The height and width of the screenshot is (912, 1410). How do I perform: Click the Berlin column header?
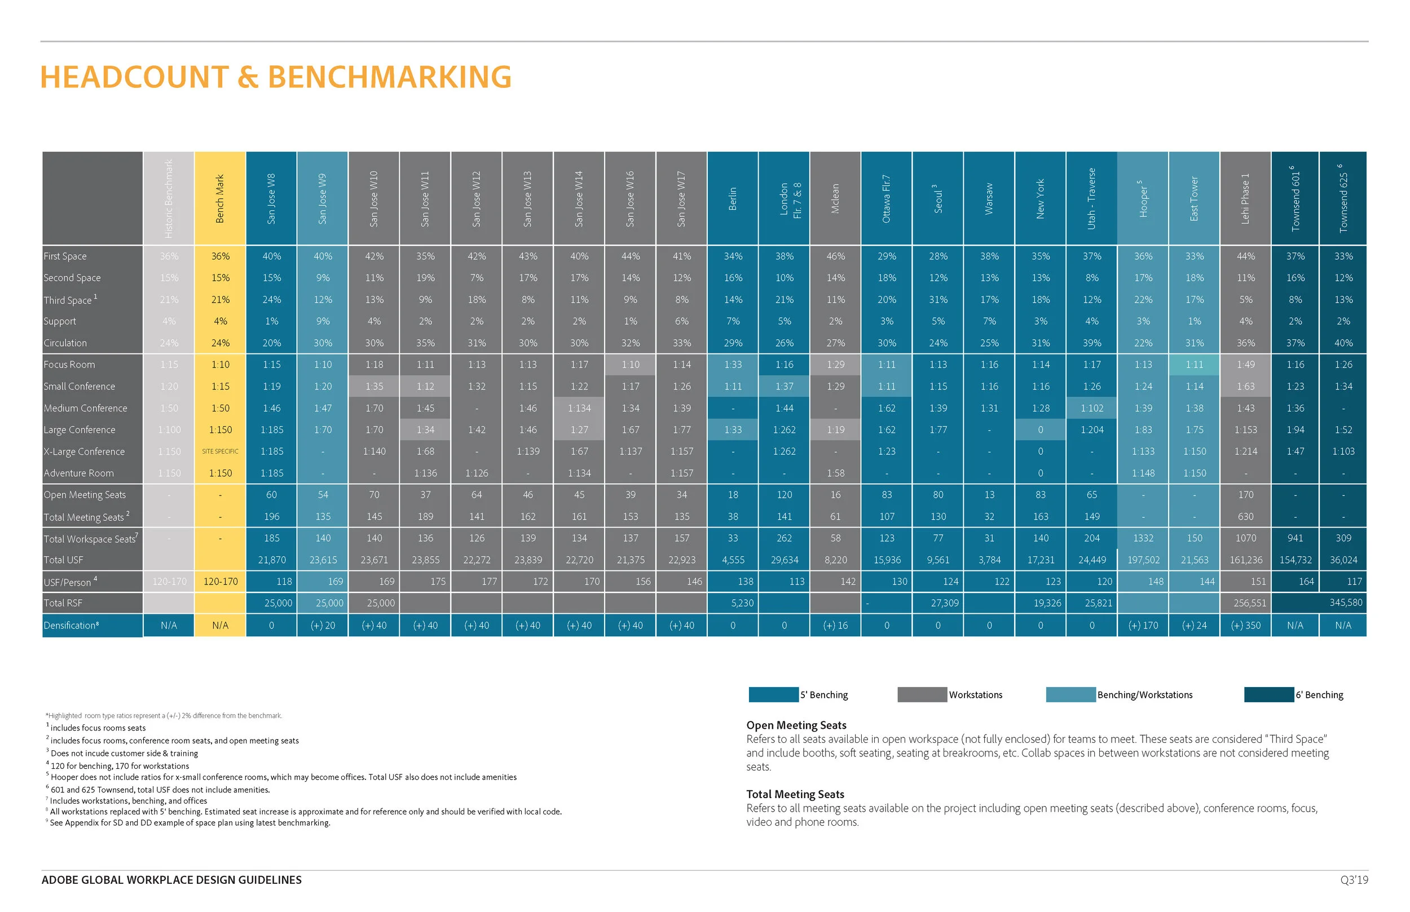point(732,198)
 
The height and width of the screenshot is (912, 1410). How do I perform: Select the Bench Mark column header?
point(220,198)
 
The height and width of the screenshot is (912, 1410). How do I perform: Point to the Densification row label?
point(71,625)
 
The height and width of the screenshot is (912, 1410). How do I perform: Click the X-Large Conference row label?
point(84,451)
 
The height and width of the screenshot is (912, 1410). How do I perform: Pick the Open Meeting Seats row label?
point(84,494)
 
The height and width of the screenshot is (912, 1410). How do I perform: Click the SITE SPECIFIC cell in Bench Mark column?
point(220,451)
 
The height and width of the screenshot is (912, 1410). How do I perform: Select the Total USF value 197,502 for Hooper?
point(1143,560)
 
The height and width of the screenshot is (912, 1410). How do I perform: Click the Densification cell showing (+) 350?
point(1245,625)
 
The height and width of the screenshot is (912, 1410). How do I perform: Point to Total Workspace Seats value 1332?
point(1143,538)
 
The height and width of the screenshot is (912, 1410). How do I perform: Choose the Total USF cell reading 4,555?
point(733,560)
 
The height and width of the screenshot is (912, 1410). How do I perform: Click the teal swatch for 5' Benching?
point(773,694)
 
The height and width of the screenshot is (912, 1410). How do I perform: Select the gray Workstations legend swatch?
point(922,694)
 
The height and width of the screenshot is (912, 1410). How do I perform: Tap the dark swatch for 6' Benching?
point(1268,694)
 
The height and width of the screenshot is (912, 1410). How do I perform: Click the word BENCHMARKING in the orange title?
point(389,77)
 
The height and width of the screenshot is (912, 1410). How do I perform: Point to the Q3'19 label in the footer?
point(1354,880)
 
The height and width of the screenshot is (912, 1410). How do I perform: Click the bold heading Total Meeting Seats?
point(795,794)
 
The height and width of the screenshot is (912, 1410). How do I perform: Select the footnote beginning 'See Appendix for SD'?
point(190,822)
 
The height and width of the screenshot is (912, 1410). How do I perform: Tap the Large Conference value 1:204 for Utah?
point(1091,430)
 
